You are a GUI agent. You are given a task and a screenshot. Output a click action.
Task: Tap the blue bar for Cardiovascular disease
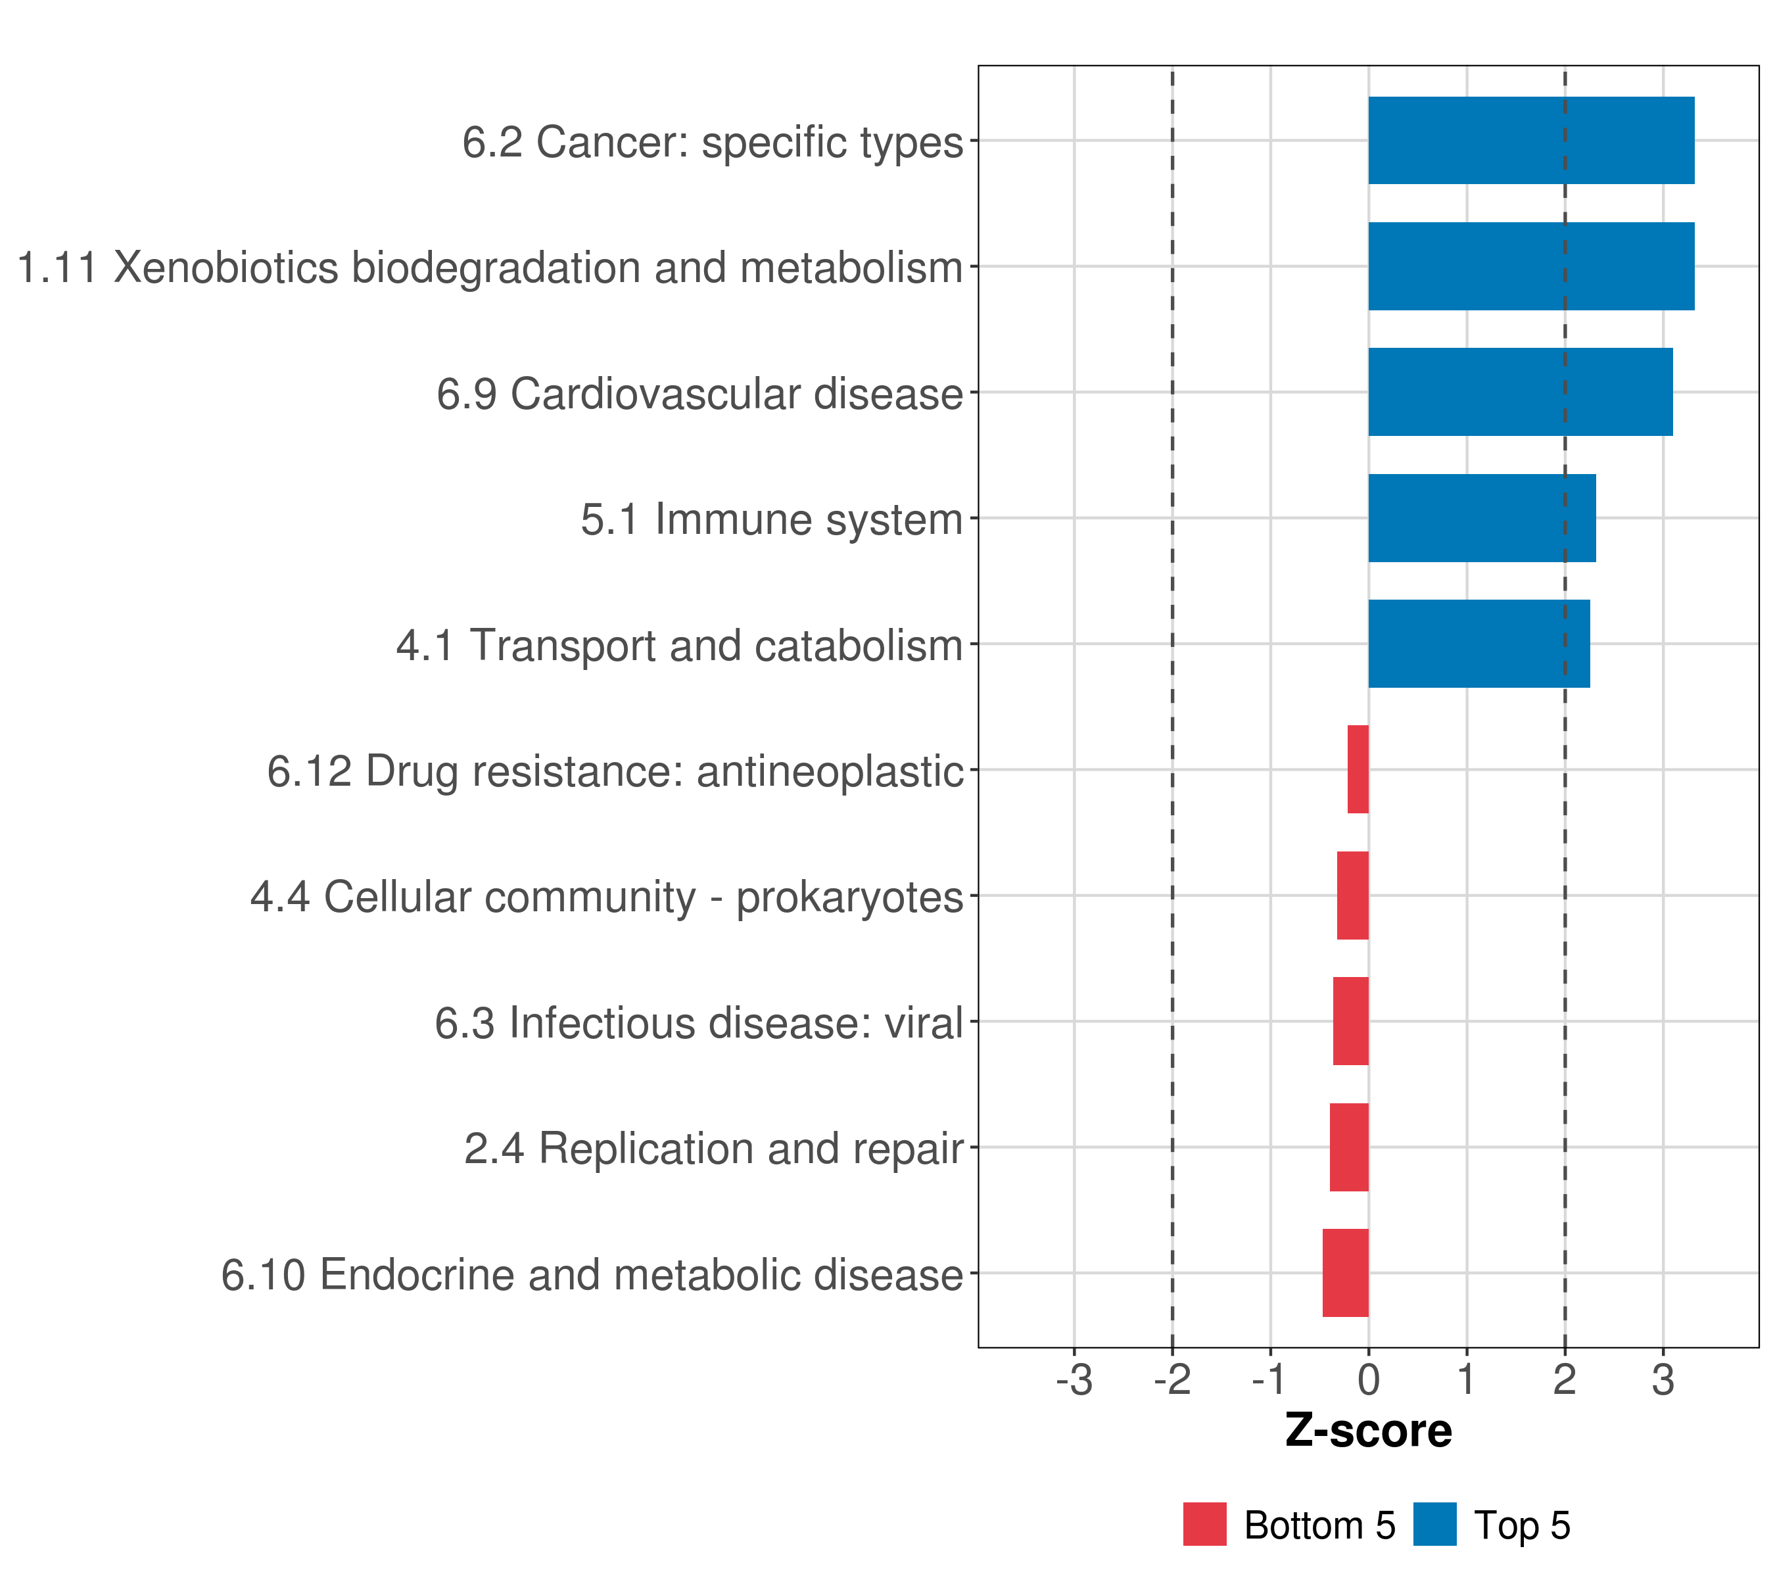1520,392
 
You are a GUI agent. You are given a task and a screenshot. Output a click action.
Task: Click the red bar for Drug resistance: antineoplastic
1358,769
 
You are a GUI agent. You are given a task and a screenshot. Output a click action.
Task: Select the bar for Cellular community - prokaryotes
1352,896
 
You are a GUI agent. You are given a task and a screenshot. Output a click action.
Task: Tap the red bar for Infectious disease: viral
1350,1021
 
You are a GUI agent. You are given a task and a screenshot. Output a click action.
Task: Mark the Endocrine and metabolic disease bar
1345,1273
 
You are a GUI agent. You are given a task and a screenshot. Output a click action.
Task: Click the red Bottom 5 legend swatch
1204,1524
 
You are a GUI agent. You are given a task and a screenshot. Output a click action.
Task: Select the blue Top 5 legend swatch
1434,1524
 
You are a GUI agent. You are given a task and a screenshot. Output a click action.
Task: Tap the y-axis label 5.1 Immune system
771,519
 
